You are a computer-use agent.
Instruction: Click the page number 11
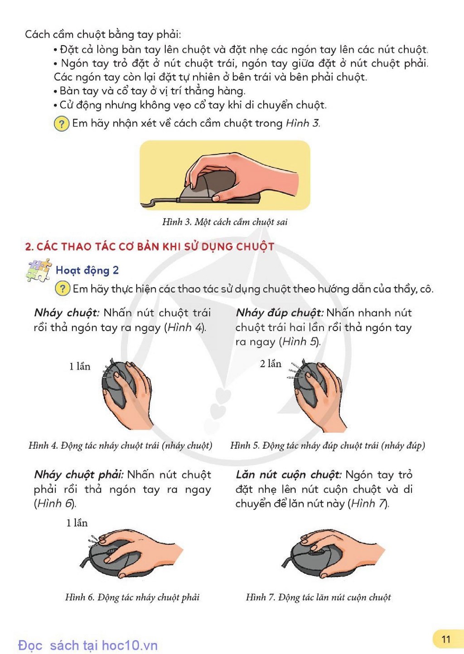(x=446, y=639)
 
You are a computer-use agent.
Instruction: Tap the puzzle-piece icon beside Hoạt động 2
(x=39, y=270)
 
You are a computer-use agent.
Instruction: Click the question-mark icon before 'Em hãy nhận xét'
(x=61, y=124)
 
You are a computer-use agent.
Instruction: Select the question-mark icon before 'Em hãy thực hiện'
(x=62, y=289)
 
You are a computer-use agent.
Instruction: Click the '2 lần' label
(x=271, y=364)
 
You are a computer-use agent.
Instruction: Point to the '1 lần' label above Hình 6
(x=77, y=523)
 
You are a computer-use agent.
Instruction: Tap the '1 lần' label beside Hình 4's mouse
(x=79, y=366)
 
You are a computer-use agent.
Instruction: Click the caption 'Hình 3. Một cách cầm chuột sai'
(x=225, y=222)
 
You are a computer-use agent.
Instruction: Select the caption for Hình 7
(x=318, y=597)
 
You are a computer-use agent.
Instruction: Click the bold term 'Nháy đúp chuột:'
(x=280, y=313)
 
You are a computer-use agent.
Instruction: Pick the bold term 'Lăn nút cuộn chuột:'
(x=288, y=475)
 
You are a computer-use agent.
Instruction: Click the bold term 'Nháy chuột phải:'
(x=78, y=475)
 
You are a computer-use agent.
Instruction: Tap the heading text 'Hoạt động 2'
(x=87, y=270)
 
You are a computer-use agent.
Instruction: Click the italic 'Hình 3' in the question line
(x=302, y=123)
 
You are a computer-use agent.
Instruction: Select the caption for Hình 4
(x=121, y=446)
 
